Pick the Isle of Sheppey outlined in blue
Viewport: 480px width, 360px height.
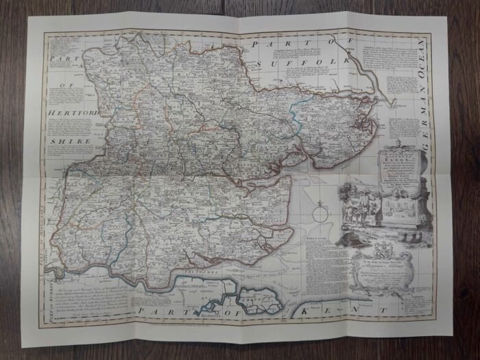pyautogui.click(x=256, y=300)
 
